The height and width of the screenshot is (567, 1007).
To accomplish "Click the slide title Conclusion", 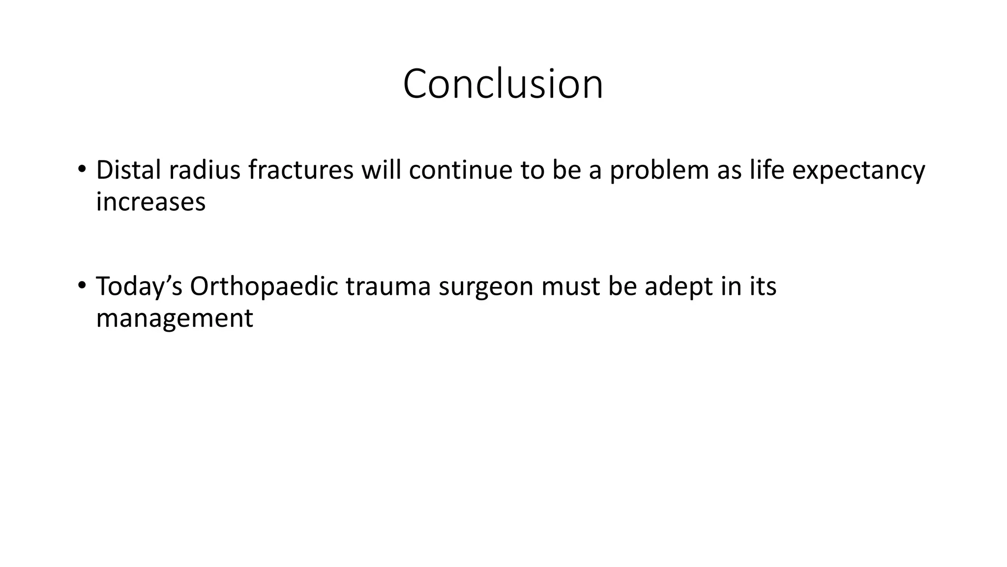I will [x=503, y=84].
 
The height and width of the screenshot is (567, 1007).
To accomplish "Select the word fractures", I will [x=300, y=170].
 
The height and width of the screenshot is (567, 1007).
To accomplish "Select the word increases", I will [x=150, y=202].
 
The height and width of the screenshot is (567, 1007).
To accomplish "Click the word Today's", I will [x=139, y=286].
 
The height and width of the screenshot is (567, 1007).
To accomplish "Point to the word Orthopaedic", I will [x=264, y=286].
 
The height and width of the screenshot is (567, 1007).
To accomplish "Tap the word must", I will [x=570, y=287].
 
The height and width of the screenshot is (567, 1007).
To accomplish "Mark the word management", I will [x=174, y=318].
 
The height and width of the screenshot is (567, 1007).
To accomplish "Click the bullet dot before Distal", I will [x=82, y=169].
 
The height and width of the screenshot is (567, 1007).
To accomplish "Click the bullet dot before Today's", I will [x=82, y=285].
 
